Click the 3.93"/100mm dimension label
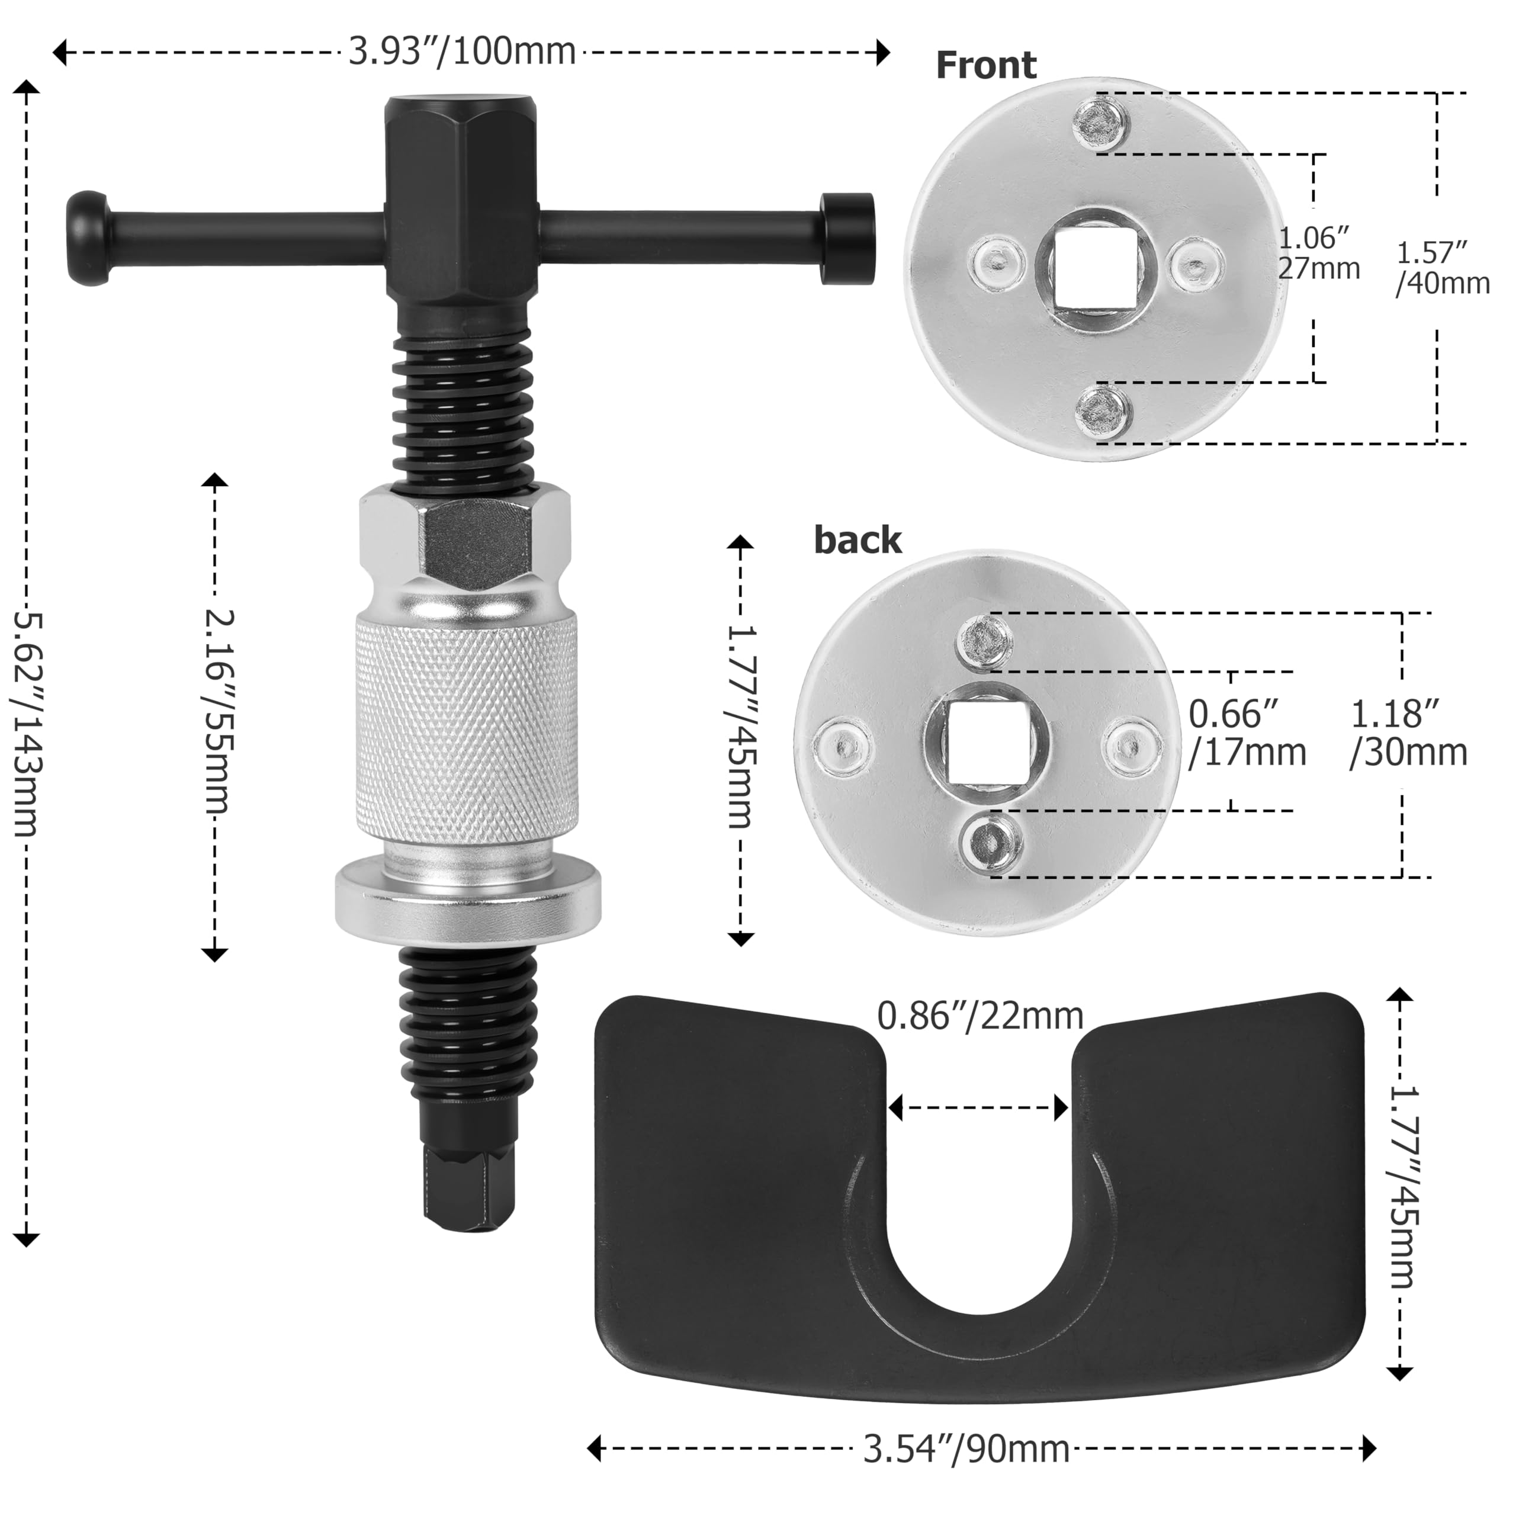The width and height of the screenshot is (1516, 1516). (x=462, y=53)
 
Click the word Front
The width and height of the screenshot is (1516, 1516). (x=985, y=65)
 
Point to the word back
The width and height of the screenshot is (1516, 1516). (x=857, y=541)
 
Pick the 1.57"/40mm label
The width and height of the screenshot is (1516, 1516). (x=1442, y=268)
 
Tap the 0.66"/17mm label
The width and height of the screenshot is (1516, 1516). (x=1247, y=733)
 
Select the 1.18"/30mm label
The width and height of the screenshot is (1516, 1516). (x=1408, y=733)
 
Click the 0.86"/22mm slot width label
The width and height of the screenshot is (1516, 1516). (x=980, y=1016)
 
